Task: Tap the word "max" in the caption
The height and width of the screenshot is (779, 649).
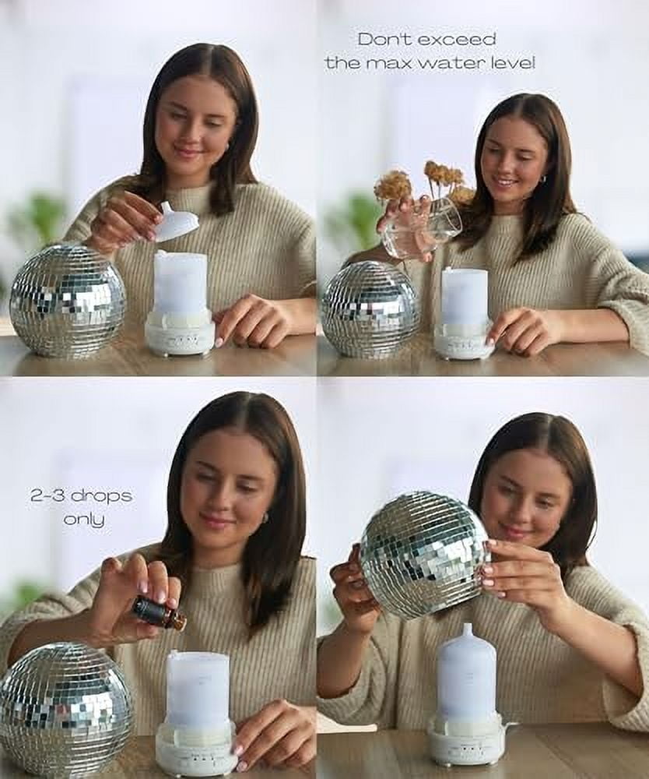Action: (398, 63)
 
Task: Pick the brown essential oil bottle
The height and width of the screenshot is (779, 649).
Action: (159, 614)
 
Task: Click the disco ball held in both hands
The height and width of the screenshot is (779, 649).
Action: (424, 554)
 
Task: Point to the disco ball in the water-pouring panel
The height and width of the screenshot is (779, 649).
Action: (370, 309)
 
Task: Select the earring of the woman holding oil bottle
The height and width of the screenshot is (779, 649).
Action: (265, 517)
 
